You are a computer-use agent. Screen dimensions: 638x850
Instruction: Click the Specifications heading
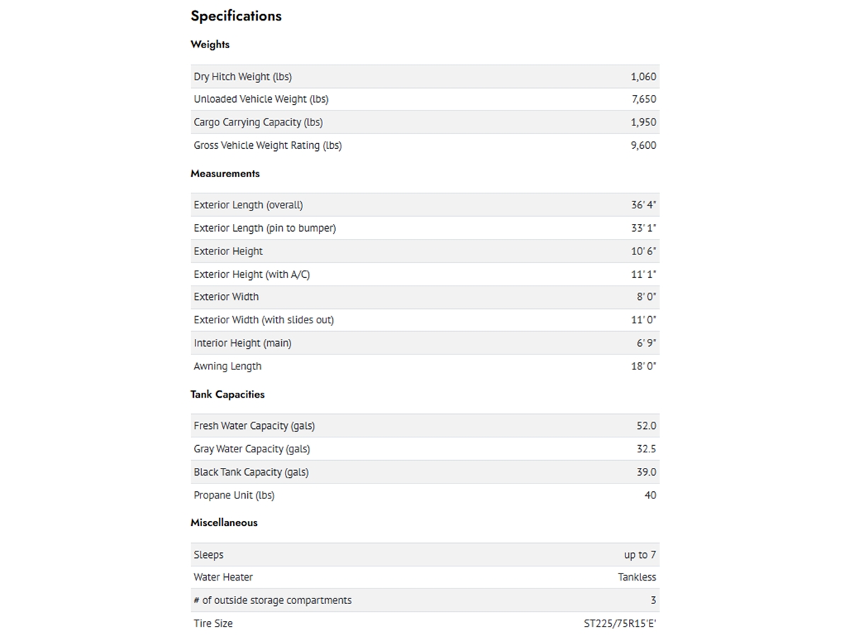pos(236,16)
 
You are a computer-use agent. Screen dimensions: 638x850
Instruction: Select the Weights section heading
pos(210,44)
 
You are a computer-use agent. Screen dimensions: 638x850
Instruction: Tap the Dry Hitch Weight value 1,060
pos(643,77)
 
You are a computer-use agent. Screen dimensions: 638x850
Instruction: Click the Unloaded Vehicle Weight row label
pos(261,99)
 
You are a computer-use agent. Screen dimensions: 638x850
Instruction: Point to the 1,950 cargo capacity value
pos(643,122)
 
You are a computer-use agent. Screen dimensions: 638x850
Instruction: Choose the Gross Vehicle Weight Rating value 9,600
pos(643,145)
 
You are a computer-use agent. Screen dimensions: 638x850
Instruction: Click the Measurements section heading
pos(225,173)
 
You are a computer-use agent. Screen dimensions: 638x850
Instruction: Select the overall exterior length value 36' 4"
pos(643,205)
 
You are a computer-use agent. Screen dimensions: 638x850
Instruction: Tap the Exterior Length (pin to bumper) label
pos(264,228)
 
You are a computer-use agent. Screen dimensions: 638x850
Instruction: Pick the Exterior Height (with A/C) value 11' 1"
pos(643,274)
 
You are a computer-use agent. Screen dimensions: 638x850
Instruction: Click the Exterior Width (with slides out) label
pos(263,320)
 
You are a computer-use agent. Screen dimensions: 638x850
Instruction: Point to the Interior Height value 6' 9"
pos(646,343)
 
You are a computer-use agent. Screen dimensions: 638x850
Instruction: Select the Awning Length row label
pos(227,366)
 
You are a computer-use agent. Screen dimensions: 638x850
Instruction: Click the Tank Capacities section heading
pos(227,394)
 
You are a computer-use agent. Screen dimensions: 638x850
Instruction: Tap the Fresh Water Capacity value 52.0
pos(646,426)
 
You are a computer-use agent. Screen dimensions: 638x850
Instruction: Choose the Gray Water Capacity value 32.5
pos(646,449)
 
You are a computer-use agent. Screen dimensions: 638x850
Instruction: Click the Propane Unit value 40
pos(650,495)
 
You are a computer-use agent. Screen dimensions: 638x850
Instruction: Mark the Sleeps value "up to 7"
pos(640,555)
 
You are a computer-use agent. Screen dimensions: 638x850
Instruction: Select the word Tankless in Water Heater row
pos(637,577)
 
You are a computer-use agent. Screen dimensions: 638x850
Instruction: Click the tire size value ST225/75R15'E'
pos(615,624)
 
